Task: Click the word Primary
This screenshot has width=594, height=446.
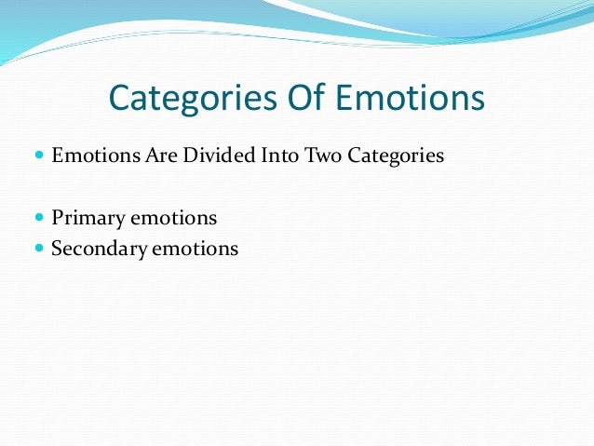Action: coord(88,219)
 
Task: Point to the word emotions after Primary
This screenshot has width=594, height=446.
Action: coord(173,219)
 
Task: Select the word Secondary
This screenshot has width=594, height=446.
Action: coord(98,249)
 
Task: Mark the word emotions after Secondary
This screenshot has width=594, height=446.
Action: coord(196,249)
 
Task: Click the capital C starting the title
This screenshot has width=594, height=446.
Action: coord(118,99)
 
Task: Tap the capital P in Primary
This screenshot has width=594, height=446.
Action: coord(58,219)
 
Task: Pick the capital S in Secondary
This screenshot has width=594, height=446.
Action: coord(58,249)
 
